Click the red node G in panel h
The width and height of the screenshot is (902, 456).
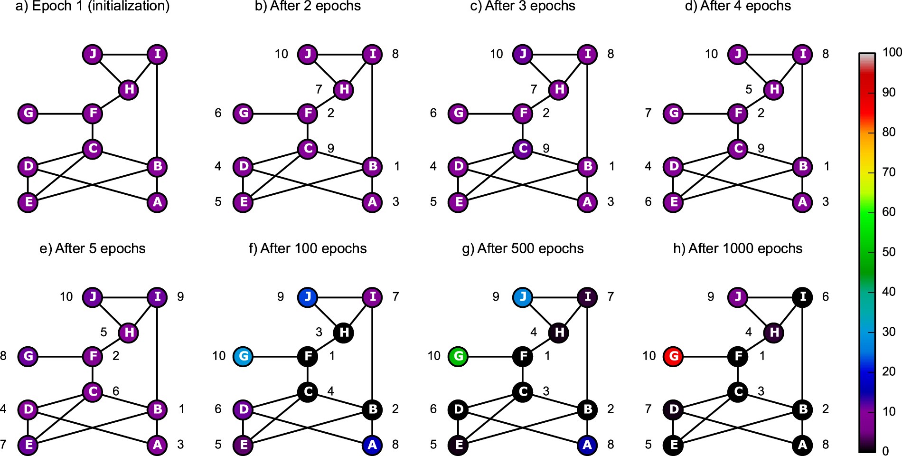coord(673,356)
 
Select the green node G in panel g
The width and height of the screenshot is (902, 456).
coord(458,356)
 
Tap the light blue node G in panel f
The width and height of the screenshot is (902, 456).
coord(243,356)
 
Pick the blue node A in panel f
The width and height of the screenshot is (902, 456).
coord(372,445)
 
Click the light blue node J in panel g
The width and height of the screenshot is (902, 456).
coord(523,297)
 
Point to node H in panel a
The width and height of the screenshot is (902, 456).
coord(129,89)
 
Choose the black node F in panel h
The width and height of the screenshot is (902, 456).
coord(738,356)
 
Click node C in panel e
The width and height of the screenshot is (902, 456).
coord(93,391)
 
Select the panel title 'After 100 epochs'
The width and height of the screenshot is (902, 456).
coord(308,248)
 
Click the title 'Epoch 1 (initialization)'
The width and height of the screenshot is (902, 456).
coord(93,6)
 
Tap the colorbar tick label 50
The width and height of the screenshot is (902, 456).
coord(889,252)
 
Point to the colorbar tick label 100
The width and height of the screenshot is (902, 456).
coord(892,52)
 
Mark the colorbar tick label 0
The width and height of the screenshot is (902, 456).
coord(885,450)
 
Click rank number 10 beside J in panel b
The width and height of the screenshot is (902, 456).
coord(282,54)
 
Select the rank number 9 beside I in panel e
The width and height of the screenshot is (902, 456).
coord(180,297)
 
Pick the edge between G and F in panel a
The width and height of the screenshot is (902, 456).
coord(60,114)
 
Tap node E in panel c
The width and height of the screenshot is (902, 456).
coord(458,202)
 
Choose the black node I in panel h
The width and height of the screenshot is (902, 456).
coord(802,297)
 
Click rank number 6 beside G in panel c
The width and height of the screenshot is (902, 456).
coord(433,113)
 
